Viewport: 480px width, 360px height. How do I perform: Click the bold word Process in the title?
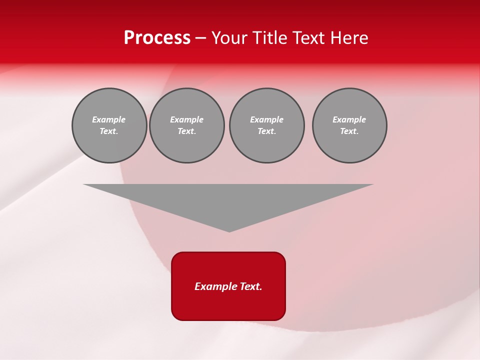coord(157,38)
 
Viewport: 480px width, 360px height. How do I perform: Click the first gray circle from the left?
coord(109,125)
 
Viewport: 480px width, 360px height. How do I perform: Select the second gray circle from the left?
coord(186,125)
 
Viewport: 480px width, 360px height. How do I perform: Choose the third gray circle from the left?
coord(266,125)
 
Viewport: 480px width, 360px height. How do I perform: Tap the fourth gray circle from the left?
coord(349,125)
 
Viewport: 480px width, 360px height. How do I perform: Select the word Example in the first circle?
coord(109,119)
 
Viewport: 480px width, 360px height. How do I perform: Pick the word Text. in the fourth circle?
coord(349,131)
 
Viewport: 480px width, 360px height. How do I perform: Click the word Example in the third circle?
coord(266,119)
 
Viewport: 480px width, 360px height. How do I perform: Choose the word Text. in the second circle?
coord(186,131)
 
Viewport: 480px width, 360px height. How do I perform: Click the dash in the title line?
coord(200,38)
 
